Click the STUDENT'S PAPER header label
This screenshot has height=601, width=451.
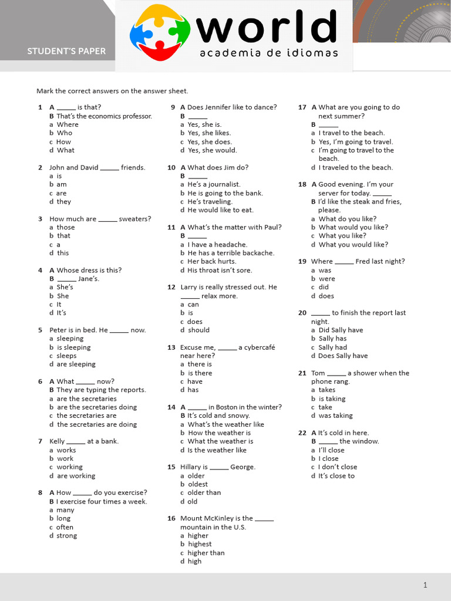[66, 51]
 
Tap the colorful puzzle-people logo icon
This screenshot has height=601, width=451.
[160, 32]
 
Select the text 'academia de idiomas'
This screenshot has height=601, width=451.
[269, 53]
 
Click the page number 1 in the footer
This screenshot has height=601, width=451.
[425, 585]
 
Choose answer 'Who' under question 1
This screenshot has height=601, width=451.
[65, 133]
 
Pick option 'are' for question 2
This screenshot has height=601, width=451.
[62, 193]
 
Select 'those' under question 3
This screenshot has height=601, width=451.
[66, 227]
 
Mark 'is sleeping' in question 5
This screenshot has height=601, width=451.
[73, 347]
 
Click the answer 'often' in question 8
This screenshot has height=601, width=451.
[65, 527]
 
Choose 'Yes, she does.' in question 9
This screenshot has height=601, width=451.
[210, 141]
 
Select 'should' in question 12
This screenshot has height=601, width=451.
[198, 330]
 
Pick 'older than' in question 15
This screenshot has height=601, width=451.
[204, 492]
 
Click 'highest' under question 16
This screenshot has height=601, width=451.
[200, 544]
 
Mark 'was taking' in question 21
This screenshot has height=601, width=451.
[336, 416]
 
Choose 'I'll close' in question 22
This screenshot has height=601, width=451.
[331, 450]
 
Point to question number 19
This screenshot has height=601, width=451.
[302, 262]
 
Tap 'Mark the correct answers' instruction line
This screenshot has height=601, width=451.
[112, 91]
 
